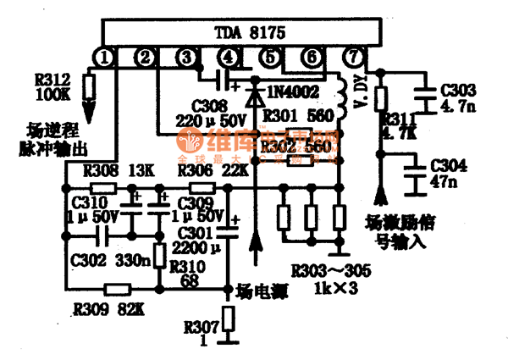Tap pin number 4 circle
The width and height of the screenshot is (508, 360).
click(x=228, y=58)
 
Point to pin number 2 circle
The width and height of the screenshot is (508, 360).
click(x=146, y=58)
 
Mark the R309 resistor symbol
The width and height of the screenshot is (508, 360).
click(x=116, y=290)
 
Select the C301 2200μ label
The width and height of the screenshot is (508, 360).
click(x=201, y=241)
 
